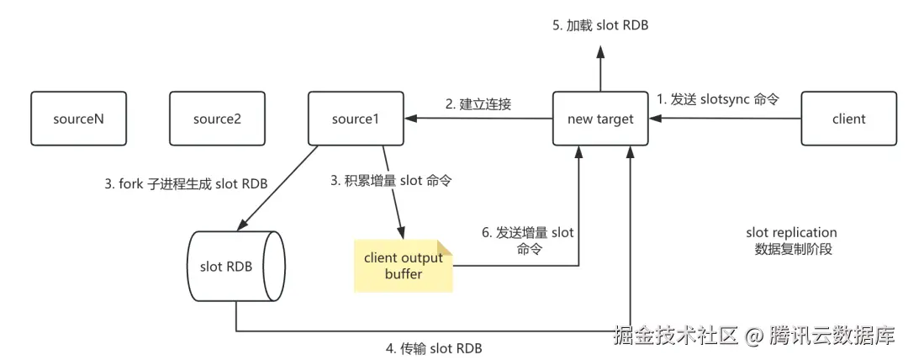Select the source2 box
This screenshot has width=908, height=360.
pos(217,119)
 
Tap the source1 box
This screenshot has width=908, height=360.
pos(356,119)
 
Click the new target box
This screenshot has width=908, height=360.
pos(599,119)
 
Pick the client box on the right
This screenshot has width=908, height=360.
pos(848,119)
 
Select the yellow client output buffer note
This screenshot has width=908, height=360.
pos(403,266)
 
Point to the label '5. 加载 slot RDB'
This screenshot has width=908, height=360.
pos(600,26)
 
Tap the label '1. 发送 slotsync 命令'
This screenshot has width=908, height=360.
pos(718,98)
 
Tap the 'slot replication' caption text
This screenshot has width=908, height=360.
pos(791,232)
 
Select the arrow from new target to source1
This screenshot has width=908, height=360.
pos(483,119)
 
